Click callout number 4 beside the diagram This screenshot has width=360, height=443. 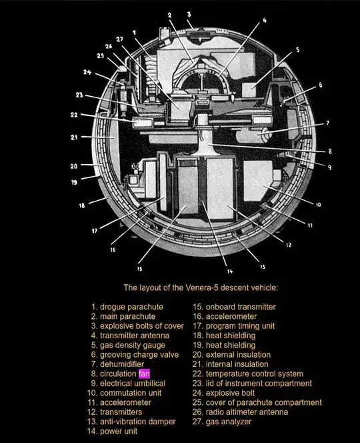tap(265, 20)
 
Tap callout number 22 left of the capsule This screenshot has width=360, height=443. tap(74, 115)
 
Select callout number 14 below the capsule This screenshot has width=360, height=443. tap(230, 272)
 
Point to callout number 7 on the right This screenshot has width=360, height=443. tap(327, 123)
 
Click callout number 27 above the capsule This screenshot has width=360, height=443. tap(120, 39)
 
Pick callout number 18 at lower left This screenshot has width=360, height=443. tap(82, 205)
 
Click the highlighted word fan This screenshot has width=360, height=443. tap(144, 374)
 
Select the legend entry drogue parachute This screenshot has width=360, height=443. tap(127, 307)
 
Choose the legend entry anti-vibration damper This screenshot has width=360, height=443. tap(131, 422)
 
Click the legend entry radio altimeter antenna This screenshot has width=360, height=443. tap(240, 412)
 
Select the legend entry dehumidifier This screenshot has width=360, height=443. tap(117, 364)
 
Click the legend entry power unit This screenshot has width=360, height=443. tap(113, 432)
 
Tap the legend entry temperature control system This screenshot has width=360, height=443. tap(248, 374)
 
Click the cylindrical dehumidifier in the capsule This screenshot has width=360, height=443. tap(253, 135)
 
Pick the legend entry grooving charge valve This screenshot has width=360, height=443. tap(135, 354)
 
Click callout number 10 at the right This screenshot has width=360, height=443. tap(319, 204)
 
